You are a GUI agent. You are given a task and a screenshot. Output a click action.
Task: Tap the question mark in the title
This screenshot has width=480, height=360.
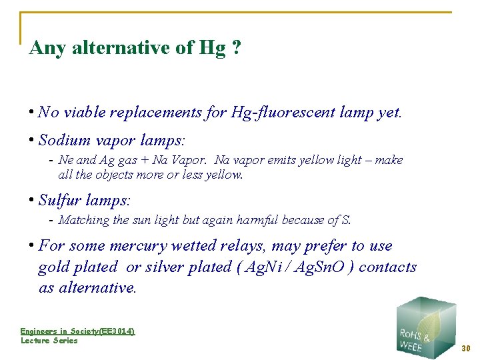point(237,48)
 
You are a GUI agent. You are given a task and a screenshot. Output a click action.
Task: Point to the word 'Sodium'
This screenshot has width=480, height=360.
point(65,140)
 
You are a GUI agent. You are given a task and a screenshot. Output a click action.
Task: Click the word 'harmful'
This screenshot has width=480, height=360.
point(257,220)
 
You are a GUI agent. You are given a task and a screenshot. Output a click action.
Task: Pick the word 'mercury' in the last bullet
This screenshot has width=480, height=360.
point(140,245)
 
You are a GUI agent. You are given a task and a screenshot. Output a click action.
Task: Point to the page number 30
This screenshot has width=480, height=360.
point(466,348)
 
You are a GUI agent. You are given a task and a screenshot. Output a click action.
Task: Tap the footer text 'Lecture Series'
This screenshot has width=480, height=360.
point(49,341)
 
